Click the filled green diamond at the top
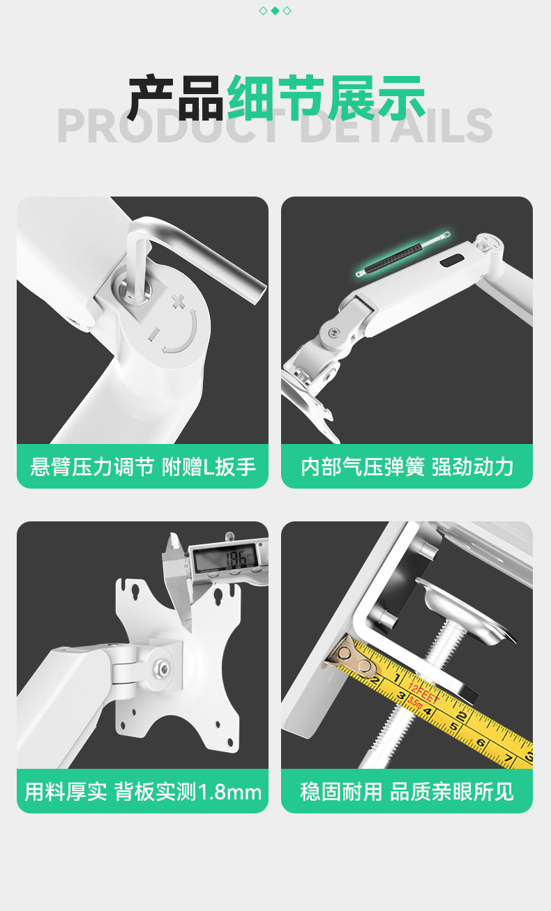point(275,10)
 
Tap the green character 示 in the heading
point(400,98)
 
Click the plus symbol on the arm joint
point(178,302)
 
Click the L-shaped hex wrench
point(191,260)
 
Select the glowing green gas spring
point(403,254)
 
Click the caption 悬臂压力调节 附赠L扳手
point(143,467)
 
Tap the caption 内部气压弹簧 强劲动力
point(407,467)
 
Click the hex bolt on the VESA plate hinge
point(164,668)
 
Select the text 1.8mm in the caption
point(229,793)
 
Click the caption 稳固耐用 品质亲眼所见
point(407,793)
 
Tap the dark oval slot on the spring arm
point(452,261)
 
